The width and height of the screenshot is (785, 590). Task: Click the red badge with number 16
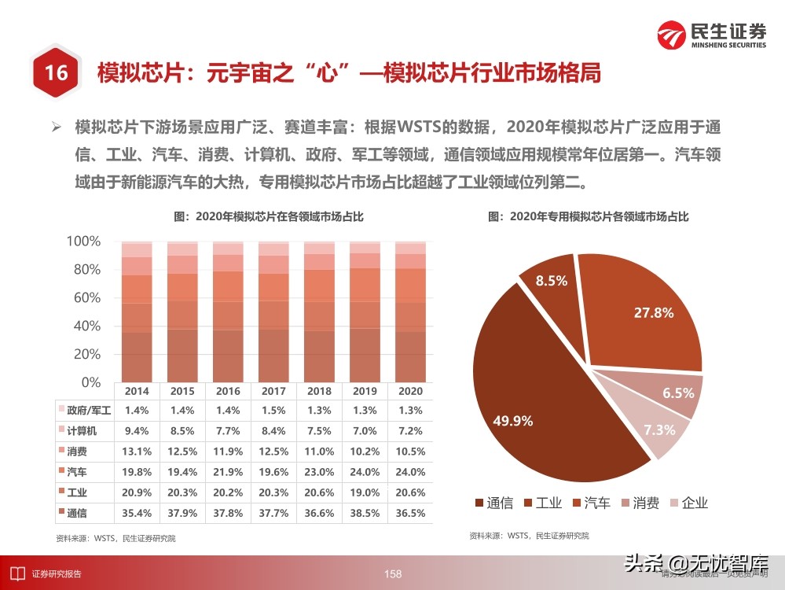point(55,74)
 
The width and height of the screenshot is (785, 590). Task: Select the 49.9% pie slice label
point(513,421)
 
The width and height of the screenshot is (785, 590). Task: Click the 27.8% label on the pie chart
point(654,313)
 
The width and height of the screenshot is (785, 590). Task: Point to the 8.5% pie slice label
point(551,281)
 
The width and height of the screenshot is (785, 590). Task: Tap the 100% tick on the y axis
point(84,242)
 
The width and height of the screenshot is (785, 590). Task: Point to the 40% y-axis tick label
point(87,326)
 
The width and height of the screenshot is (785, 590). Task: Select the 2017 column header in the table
point(273,391)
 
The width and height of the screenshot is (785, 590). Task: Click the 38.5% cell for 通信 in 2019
point(365,513)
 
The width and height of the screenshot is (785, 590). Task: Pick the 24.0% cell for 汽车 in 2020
point(410,472)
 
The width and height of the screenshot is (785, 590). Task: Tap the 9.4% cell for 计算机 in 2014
point(137,431)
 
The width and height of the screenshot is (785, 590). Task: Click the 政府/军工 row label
point(89,411)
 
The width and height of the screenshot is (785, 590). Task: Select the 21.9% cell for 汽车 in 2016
point(228,472)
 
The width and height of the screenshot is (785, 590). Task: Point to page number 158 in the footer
point(393,574)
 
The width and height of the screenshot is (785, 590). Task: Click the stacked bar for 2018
point(319,312)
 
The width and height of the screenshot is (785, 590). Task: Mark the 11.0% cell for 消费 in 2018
point(319,452)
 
